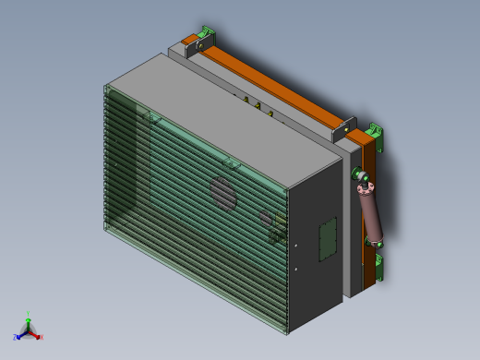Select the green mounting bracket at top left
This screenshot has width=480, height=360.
coord(209,33)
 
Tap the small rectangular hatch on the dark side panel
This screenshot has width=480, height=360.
coord(328,240)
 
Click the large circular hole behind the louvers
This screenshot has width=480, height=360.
coord(222,193)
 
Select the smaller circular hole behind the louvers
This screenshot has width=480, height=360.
coord(266,219)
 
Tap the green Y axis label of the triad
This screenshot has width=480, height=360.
coord(29,314)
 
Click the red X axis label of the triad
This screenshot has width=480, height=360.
coord(42,337)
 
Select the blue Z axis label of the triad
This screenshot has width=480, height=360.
coord(16,338)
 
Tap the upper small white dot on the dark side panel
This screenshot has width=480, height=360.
coord(295,246)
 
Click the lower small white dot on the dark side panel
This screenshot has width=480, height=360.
coord(295,269)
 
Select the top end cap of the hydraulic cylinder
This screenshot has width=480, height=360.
coord(362,189)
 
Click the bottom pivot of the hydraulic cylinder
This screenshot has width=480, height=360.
coord(378,243)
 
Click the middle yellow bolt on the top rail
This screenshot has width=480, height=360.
coord(258,105)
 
